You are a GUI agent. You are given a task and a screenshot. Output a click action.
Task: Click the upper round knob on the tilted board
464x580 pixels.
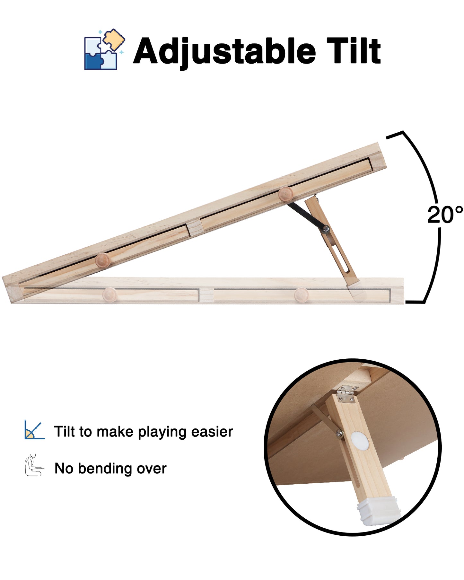(285, 194)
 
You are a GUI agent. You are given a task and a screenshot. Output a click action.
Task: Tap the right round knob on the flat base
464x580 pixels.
(301, 294)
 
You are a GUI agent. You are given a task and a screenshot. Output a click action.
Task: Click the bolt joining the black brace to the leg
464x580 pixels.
(327, 229)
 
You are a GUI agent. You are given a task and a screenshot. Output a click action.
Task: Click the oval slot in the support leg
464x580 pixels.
(342, 262)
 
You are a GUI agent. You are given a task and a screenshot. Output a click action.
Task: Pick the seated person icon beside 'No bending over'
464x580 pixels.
(34, 465)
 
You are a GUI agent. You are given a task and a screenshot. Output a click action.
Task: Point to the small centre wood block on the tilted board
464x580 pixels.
(195, 227)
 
